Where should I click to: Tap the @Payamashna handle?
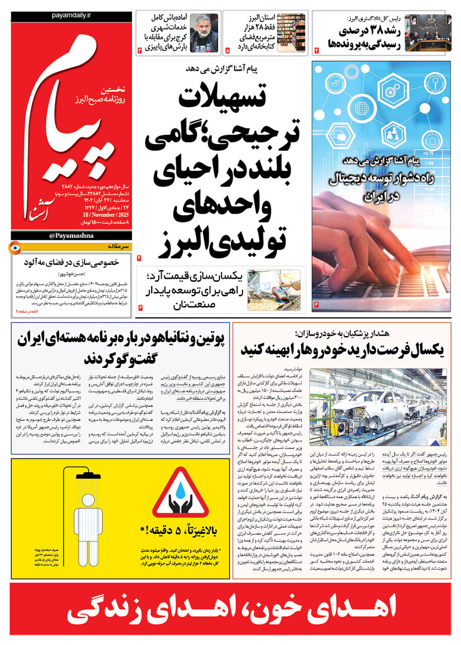point(71,236)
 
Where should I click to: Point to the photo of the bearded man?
point(204,33)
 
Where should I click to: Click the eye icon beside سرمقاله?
point(16,248)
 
